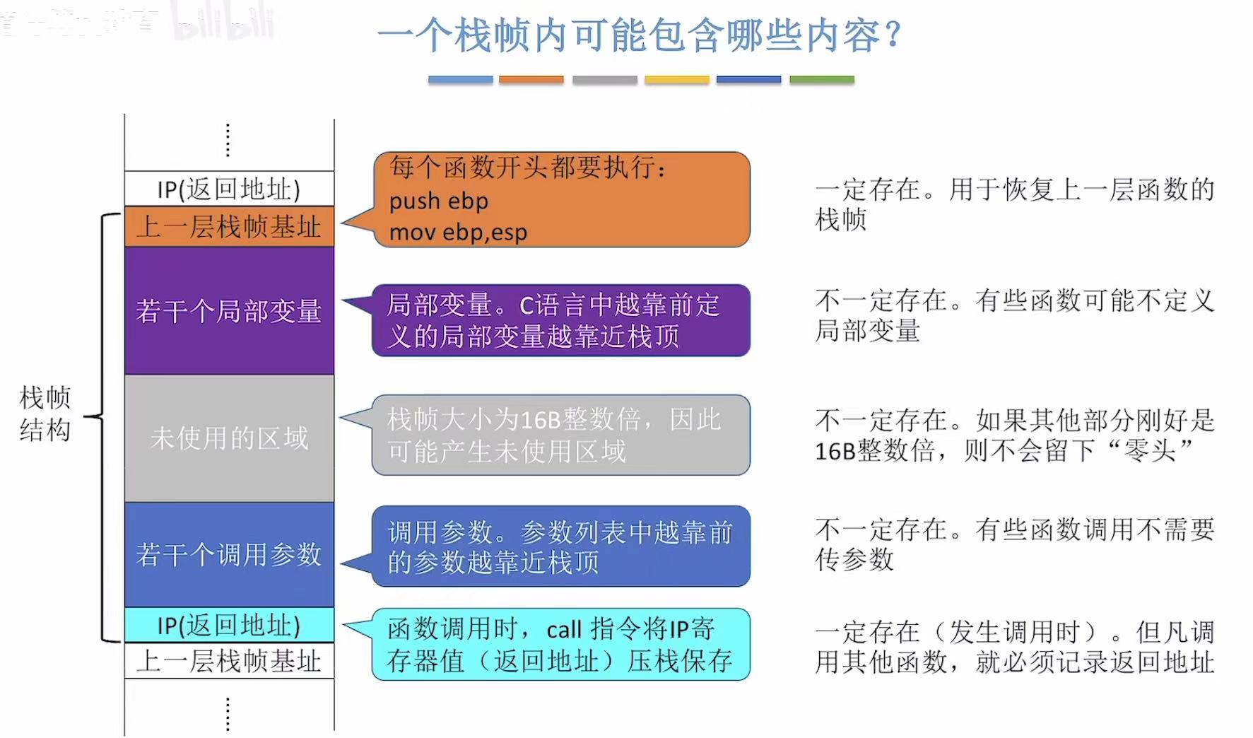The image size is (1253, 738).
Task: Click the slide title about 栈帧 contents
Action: [x=640, y=35]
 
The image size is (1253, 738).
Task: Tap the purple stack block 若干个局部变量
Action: [x=229, y=311]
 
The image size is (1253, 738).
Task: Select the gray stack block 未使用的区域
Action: [x=229, y=438]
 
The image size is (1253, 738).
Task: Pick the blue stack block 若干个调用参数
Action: [x=229, y=554]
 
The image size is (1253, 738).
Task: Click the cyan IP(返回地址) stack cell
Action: [x=229, y=626]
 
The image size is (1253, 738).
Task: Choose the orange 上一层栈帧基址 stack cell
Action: [x=229, y=227]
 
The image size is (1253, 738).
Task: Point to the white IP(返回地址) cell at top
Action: [x=229, y=189]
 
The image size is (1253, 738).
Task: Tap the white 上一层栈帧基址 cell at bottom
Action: [x=229, y=661]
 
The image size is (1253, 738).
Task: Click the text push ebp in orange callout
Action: [x=438, y=201]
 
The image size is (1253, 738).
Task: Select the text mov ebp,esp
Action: [x=458, y=232]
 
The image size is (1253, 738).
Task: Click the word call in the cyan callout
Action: [x=564, y=629]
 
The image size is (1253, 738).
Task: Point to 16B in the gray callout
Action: [x=541, y=421]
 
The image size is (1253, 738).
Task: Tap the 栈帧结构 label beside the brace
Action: [x=45, y=414]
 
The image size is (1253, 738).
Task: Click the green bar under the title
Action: [x=821, y=80]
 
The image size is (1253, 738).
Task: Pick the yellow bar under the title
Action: [x=676, y=80]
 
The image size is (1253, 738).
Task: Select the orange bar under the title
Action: [x=531, y=80]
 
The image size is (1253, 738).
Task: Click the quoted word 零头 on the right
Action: [x=1151, y=450]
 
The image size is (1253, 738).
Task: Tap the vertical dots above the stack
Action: [x=228, y=140]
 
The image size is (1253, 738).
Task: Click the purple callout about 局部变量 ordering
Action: [x=560, y=320]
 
